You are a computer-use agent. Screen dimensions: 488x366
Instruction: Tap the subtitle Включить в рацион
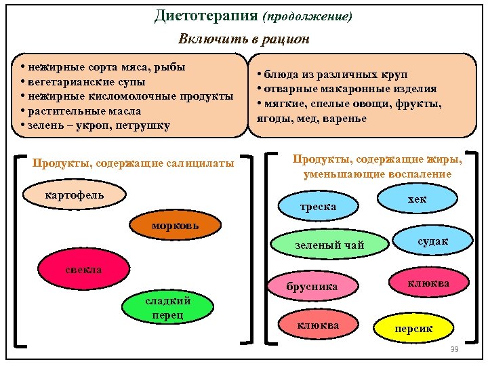[243, 39]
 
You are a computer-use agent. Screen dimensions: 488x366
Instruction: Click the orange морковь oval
[176, 226]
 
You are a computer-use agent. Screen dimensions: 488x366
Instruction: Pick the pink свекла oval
[83, 270]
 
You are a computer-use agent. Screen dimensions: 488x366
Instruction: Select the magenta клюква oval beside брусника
[428, 283]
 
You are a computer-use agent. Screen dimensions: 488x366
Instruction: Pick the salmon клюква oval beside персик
[318, 326]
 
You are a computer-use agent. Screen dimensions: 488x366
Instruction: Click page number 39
[455, 348]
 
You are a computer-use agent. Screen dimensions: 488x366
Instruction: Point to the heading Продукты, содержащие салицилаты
[134, 163]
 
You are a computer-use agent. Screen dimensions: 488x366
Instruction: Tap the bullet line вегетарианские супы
[85, 82]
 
